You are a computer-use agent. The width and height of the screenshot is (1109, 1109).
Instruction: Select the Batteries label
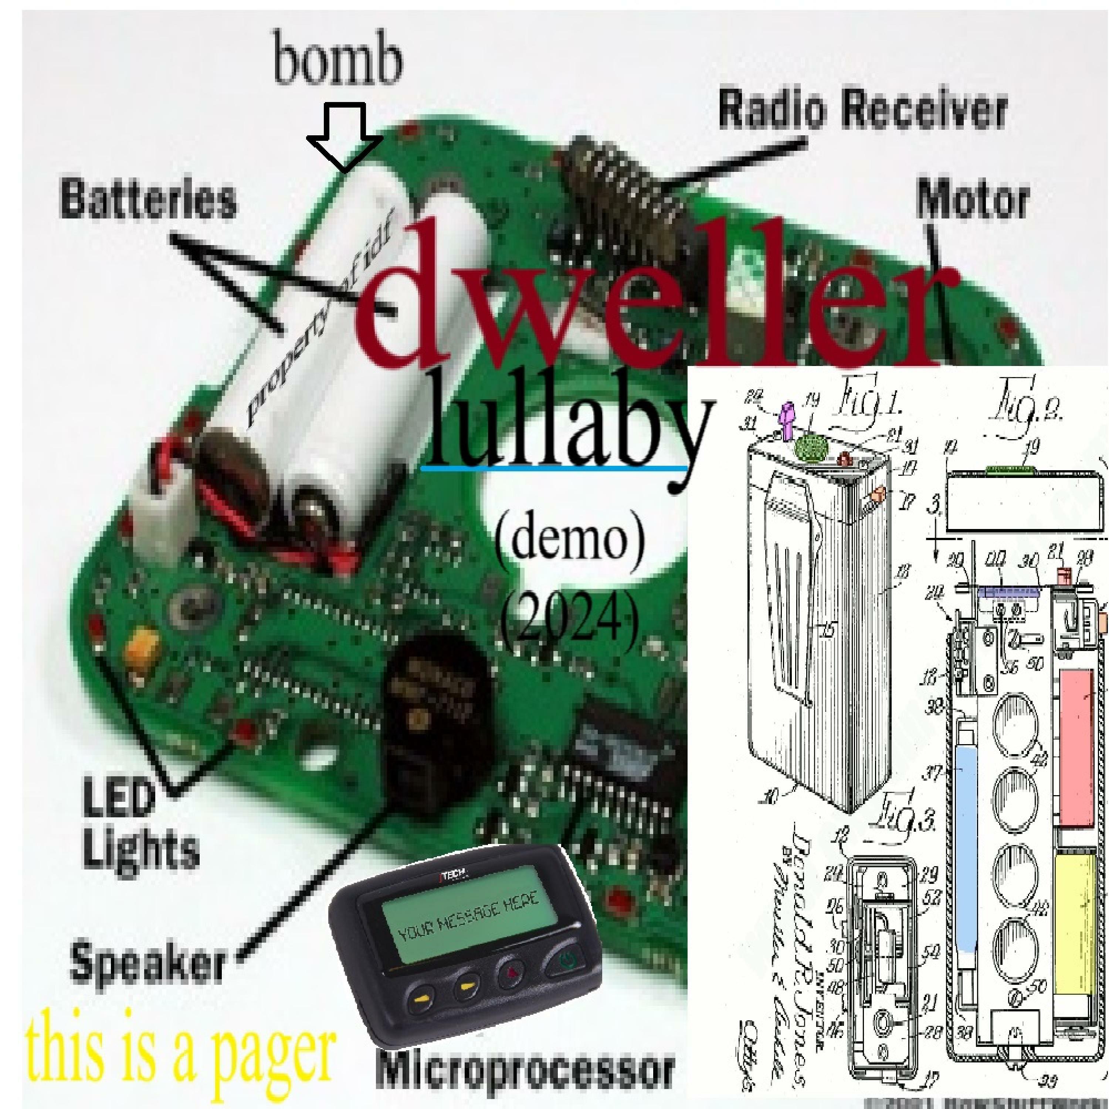coord(148,200)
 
